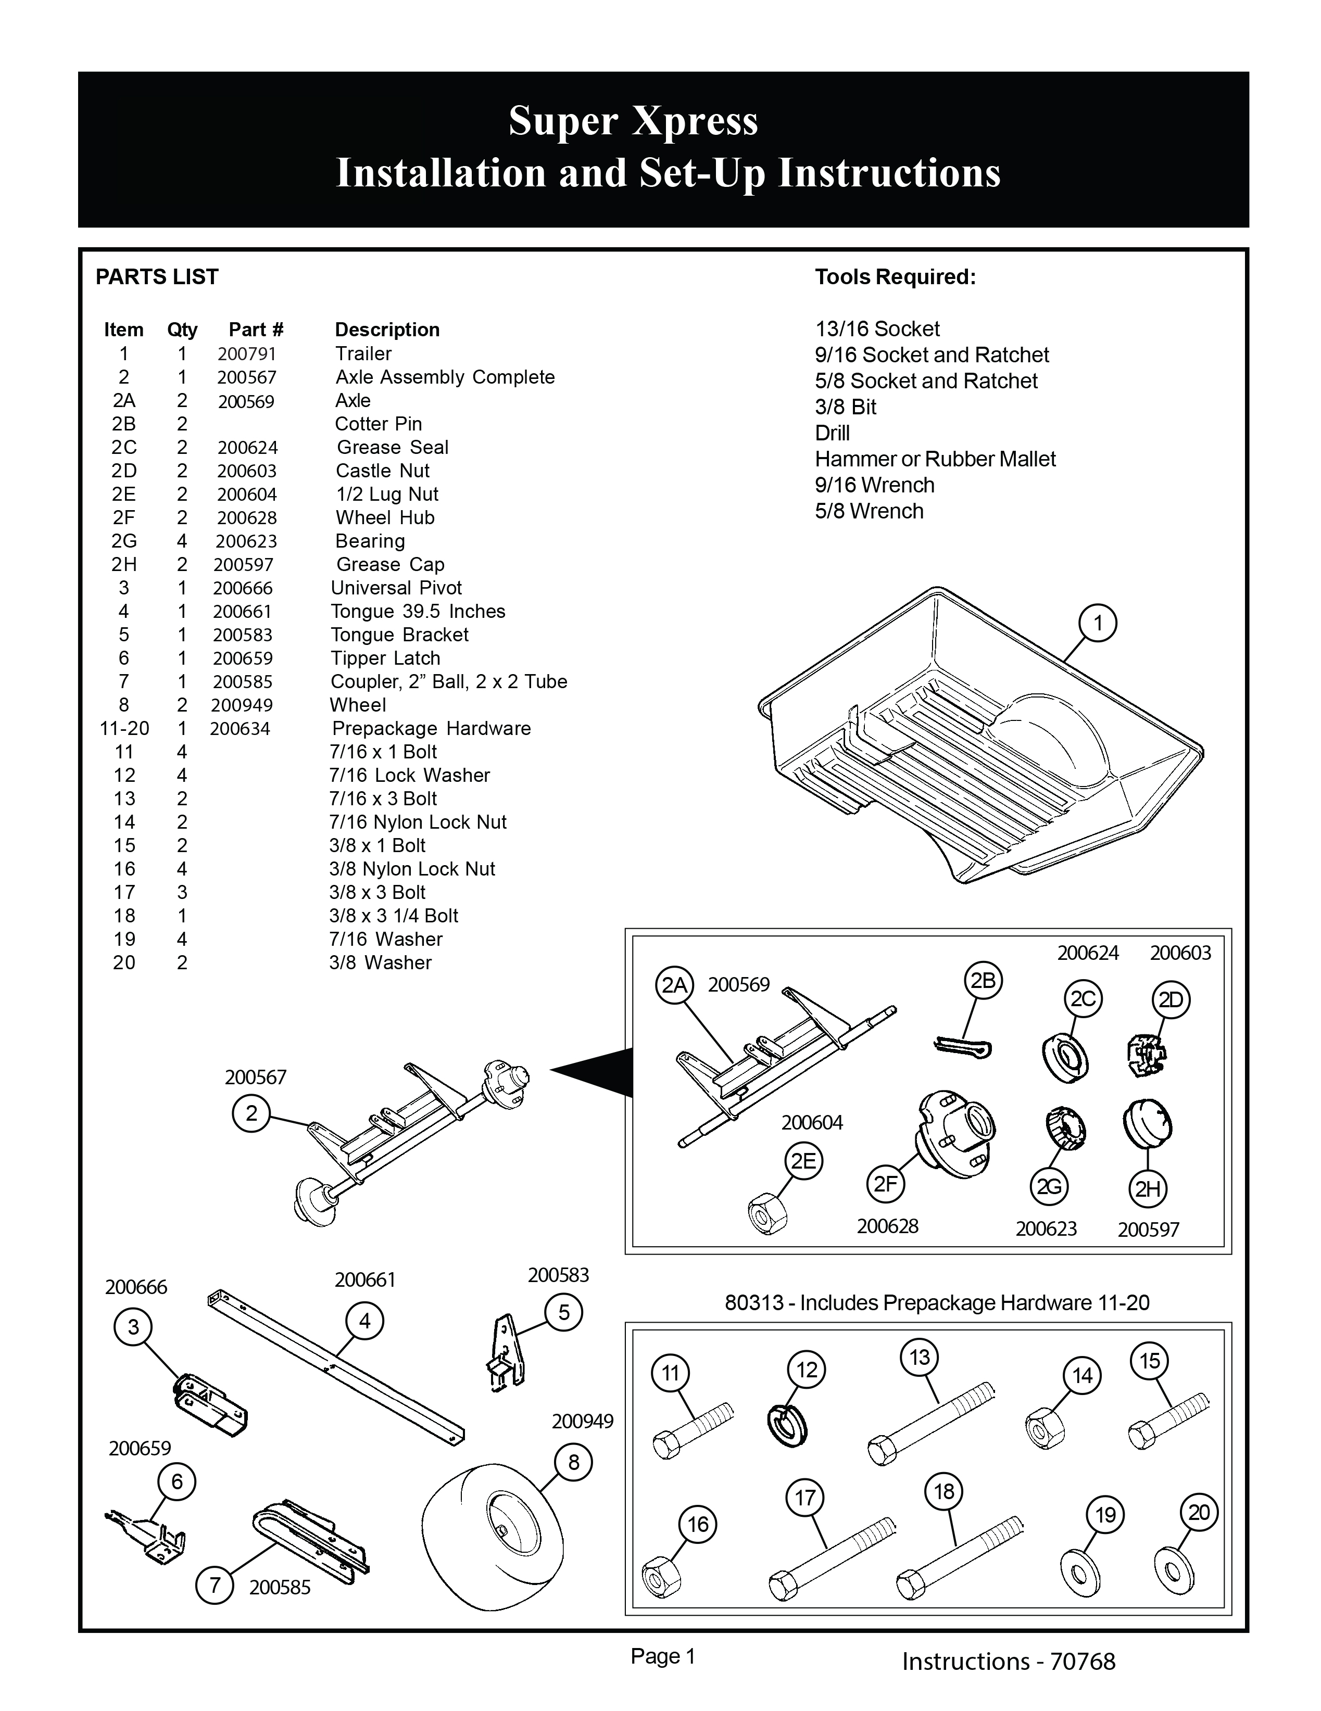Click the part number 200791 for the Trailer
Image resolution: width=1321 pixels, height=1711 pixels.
point(247,354)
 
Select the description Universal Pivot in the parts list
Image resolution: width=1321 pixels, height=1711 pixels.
point(396,588)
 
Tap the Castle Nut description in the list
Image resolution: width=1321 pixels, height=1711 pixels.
point(382,471)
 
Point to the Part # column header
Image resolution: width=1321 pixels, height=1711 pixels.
point(256,330)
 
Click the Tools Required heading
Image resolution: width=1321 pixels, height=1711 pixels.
point(895,277)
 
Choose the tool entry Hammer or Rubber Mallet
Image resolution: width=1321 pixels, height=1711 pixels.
point(935,459)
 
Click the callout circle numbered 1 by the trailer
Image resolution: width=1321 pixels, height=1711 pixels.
point(1097,624)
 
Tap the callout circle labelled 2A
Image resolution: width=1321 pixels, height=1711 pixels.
point(674,985)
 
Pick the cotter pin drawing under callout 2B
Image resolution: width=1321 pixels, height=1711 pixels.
point(964,1047)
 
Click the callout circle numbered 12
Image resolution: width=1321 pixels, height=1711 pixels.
point(806,1370)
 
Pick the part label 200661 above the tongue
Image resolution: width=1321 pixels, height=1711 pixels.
point(364,1280)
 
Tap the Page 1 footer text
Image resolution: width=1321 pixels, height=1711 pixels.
point(663,1656)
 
